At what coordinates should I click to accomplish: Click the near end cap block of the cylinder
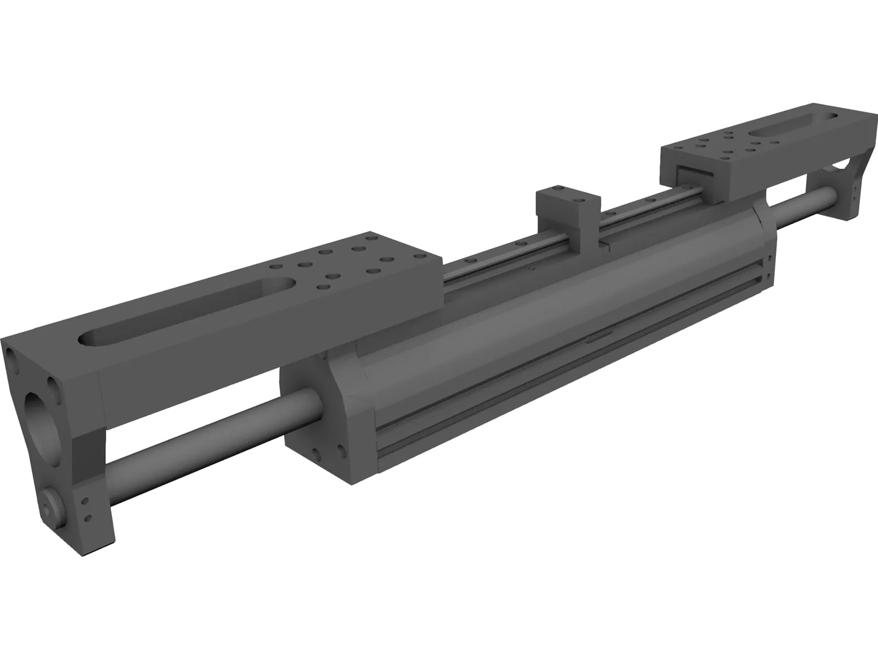pyautogui.click(x=318, y=417)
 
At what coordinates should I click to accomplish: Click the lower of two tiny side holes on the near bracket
pyautogui.click(x=87, y=517)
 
